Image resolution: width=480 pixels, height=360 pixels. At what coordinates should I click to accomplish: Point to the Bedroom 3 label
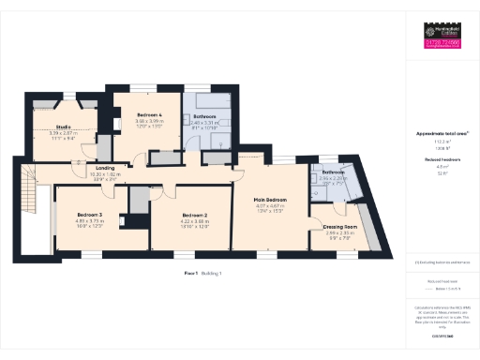pyautogui.click(x=89, y=215)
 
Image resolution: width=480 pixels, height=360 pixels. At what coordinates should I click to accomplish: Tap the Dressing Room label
pyautogui.click(x=339, y=227)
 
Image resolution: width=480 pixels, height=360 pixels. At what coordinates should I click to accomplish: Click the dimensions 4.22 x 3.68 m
pyautogui.click(x=194, y=221)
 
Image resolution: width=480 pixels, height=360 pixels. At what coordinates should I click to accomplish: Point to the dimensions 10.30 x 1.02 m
pyautogui.click(x=106, y=175)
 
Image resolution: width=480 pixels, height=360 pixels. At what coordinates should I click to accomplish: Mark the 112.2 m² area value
pyautogui.click(x=441, y=142)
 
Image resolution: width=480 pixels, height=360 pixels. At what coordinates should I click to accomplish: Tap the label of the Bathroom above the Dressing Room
pyautogui.click(x=334, y=172)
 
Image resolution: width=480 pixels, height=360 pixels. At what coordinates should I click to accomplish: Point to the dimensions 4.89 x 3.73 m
pyautogui.click(x=89, y=221)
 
